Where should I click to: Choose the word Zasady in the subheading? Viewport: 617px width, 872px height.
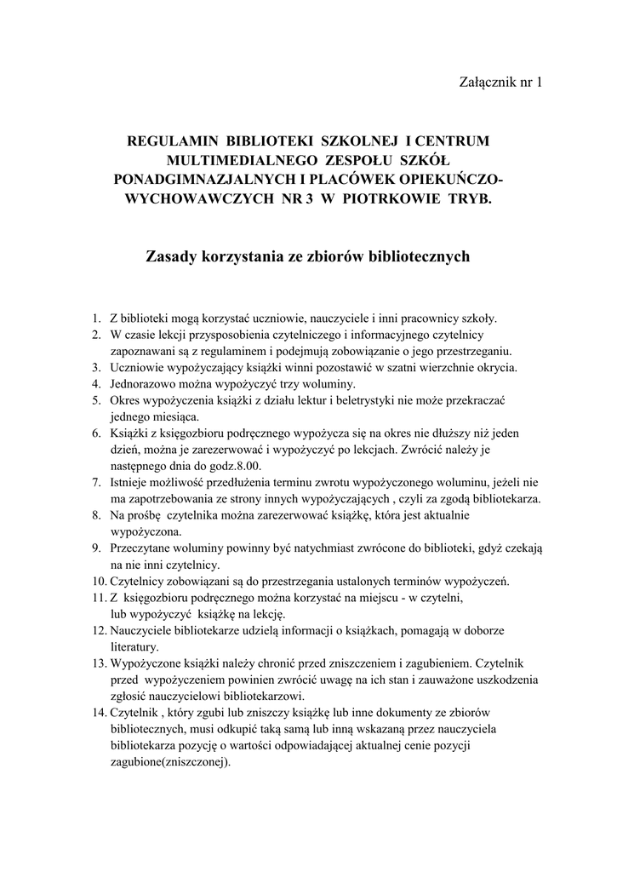pyautogui.click(x=172, y=255)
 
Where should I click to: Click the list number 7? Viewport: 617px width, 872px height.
pyautogui.click(x=98, y=483)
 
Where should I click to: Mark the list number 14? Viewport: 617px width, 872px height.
pyautogui.click(x=100, y=714)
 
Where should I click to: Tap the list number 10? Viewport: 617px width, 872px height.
pyautogui.click(x=100, y=582)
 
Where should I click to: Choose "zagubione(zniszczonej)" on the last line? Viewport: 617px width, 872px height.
pyautogui.click(x=169, y=763)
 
